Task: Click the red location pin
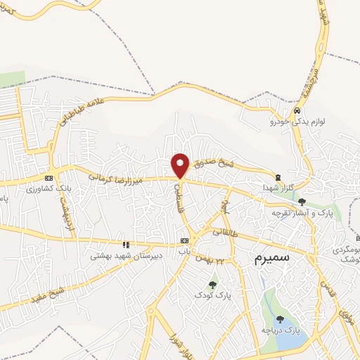point(181,165)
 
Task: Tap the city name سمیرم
point(270,259)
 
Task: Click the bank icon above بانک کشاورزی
point(49,179)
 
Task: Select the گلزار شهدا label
point(276,188)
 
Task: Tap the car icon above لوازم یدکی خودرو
point(297,111)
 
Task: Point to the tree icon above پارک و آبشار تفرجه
point(302,202)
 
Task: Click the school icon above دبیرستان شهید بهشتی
point(126,245)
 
